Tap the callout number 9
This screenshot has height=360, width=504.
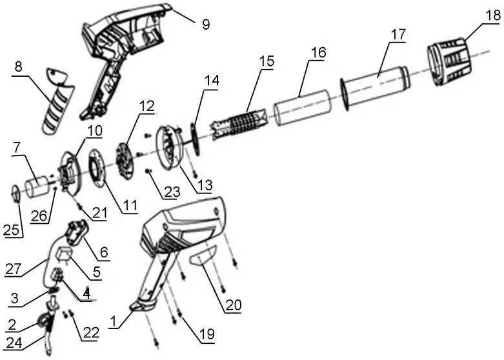click(205, 25)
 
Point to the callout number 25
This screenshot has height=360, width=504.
click(15, 229)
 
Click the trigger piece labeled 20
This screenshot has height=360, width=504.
click(202, 259)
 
